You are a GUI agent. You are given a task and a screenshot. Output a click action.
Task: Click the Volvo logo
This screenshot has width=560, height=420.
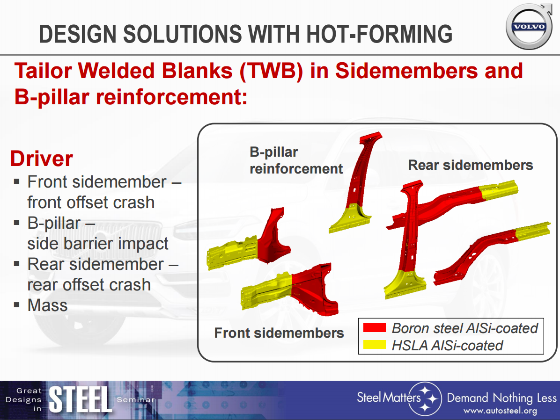(529, 27)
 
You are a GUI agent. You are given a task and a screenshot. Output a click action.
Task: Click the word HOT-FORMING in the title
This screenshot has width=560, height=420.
(379, 34)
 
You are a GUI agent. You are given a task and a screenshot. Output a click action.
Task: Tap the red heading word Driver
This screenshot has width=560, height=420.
(41, 159)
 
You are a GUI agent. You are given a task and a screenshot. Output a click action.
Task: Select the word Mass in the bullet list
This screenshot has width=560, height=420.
(47, 305)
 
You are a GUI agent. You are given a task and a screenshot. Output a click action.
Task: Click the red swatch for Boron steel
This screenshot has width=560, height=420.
(374, 328)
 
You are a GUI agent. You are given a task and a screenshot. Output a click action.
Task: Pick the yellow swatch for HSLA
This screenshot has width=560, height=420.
(374, 344)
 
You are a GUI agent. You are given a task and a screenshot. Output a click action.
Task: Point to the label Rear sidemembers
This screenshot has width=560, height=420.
(471, 165)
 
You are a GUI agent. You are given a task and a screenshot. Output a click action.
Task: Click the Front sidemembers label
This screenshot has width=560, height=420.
(279, 333)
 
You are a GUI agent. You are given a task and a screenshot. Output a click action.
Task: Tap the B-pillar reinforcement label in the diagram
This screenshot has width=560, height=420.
(296, 160)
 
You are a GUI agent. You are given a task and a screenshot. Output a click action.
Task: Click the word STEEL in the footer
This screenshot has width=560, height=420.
(80, 399)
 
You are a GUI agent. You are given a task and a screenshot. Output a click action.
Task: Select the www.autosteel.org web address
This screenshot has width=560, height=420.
(500, 411)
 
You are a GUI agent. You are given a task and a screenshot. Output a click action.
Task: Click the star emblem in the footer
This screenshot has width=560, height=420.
(425, 398)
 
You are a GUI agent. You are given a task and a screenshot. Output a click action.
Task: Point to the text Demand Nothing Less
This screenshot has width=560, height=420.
(502, 398)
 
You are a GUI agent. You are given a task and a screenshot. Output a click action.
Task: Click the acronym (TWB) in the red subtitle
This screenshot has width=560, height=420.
(271, 71)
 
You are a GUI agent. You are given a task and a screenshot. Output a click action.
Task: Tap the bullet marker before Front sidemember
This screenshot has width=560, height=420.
(16, 181)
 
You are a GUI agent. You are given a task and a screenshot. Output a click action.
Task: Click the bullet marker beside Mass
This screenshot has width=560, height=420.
(16, 305)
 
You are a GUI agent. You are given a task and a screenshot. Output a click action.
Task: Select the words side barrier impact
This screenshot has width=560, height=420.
(97, 244)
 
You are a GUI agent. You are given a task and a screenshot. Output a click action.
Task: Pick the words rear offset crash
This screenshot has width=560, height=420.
(89, 285)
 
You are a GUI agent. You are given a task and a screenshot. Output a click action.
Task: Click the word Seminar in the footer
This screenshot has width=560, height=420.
(136, 400)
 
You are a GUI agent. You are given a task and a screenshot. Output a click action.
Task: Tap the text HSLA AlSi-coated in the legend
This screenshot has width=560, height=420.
(447, 346)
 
